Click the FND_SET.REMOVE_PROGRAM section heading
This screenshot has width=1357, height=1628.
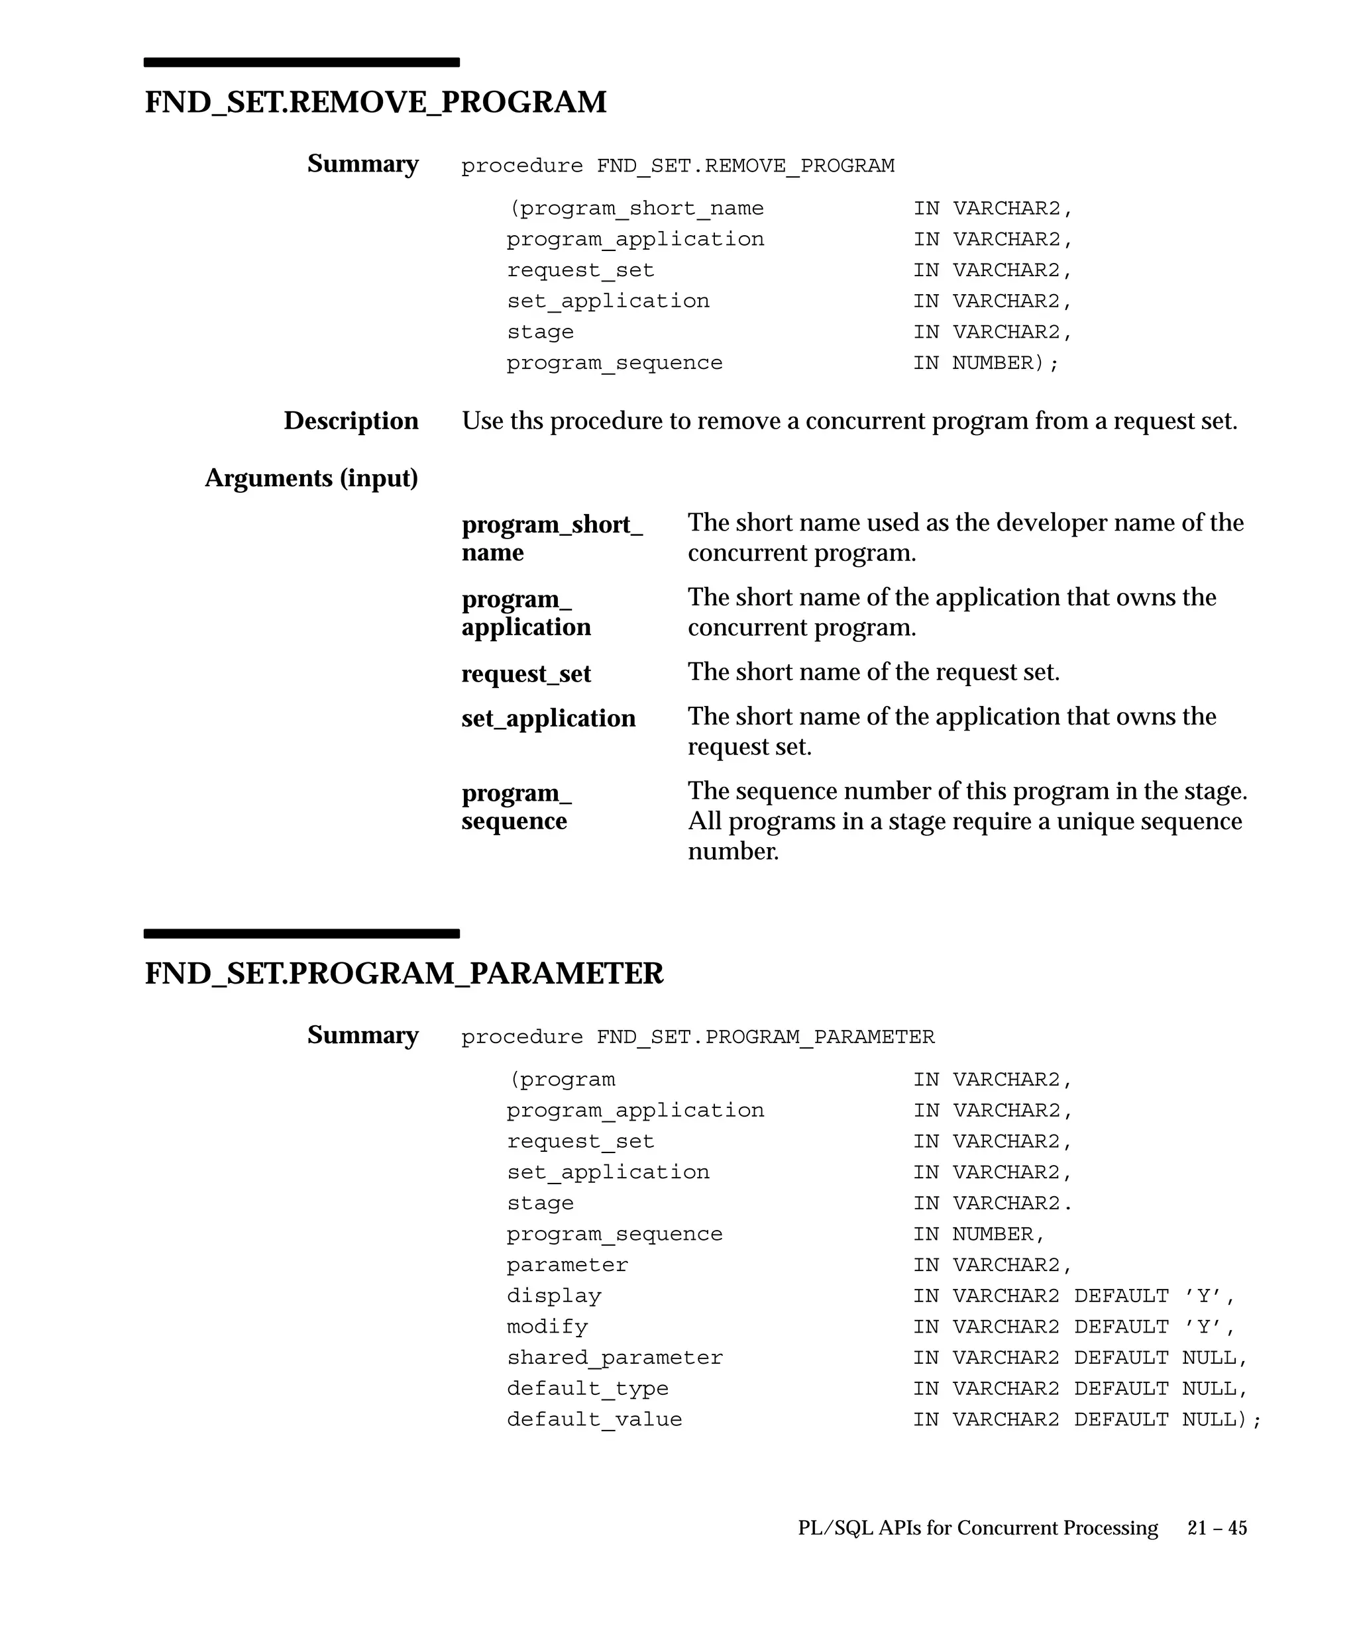click(x=375, y=103)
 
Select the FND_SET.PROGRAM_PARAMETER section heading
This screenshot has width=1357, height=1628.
click(x=404, y=974)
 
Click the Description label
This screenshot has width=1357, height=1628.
click(x=351, y=421)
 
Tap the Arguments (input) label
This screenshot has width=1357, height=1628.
click(x=311, y=478)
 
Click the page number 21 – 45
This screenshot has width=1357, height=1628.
click(x=1217, y=1528)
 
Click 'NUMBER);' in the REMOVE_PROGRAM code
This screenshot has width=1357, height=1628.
click(x=1005, y=363)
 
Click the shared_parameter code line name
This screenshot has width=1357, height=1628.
click(x=614, y=1358)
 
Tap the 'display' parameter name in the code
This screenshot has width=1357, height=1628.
click(x=554, y=1296)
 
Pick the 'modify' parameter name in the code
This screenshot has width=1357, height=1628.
click(x=547, y=1327)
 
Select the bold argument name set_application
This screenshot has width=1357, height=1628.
click(x=548, y=719)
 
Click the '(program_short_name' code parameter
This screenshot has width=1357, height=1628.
click(x=636, y=209)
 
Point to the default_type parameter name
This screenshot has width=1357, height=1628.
click(x=587, y=1388)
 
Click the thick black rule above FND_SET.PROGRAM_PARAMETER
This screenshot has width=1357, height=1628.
click(x=301, y=933)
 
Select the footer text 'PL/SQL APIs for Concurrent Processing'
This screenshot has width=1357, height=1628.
click(x=978, y=1528)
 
